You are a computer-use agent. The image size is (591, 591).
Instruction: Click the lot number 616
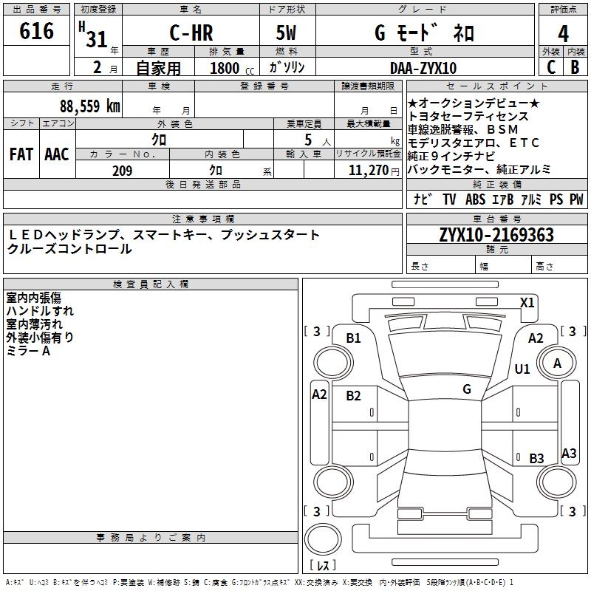click(36, 30)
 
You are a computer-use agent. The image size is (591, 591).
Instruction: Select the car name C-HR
click(191, 33)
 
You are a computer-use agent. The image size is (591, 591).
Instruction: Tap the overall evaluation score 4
click(563, 34)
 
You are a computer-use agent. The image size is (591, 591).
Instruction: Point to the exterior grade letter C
click(551, 67)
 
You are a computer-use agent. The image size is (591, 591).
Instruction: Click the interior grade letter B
click(575, 67)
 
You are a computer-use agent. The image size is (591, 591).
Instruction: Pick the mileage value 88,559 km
click(90, 106)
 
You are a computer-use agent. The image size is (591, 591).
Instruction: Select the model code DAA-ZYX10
click(423, 68)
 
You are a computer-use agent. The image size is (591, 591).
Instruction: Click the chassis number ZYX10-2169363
click(496, 235)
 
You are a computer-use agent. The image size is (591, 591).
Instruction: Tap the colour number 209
click(123, 171)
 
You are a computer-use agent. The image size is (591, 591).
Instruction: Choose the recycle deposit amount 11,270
click(369, 171)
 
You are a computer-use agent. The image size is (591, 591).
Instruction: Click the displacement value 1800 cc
click(232, 68)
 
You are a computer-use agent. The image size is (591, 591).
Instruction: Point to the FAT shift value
click(21, 154)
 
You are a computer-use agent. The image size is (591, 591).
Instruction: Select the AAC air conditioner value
click(57, 154)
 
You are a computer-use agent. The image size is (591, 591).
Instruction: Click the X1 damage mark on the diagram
click(527, 303)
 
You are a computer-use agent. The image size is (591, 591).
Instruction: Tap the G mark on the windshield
click(467, 389)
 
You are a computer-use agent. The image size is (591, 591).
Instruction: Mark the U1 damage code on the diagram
click(522, 369)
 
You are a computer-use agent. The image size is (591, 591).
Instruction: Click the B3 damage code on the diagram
click(537, 458)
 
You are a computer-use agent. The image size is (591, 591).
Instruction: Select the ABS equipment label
click(475, 199)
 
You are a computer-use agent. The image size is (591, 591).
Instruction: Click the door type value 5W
click(286, 33)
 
